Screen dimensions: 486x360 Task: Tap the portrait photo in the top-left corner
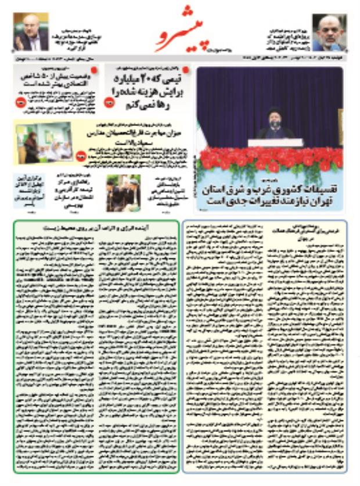31,33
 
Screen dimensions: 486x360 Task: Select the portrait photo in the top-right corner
329,33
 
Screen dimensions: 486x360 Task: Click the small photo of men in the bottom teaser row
123,193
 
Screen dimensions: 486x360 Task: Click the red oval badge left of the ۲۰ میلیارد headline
109,102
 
